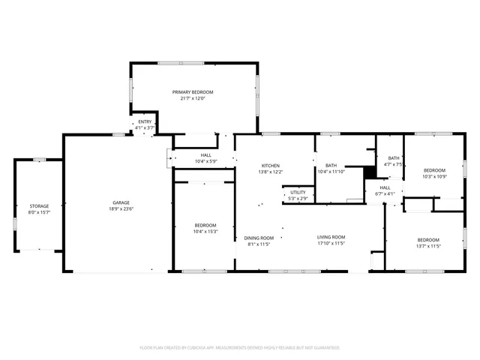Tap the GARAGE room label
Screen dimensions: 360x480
point(121,202)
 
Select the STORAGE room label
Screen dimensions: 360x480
point(39,205)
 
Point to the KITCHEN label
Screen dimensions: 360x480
point(270,165)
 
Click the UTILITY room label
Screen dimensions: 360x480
point(298,193)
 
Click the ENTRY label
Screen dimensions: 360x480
point(145,121)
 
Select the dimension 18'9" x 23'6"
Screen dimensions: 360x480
point(121,209)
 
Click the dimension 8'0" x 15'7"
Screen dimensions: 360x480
point(39,212)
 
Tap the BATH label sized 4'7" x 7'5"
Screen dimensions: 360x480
point(394,157)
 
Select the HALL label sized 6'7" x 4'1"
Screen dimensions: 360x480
point(384,187)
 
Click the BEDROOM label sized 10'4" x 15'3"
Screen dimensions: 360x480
point(205,225)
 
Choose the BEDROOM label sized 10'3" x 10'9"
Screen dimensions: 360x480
point(433,170)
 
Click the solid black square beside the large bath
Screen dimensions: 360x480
point(368,172)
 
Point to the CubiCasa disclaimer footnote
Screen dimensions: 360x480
point(240,347)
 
